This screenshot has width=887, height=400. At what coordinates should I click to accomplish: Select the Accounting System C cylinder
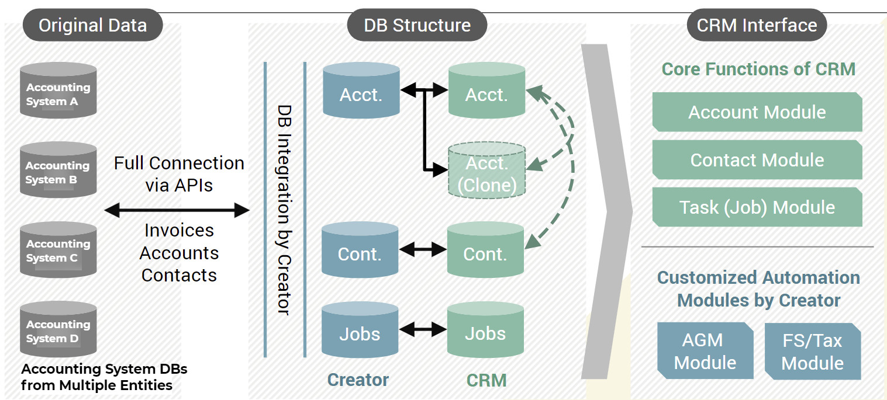pyautogui.click(x=58, y=250)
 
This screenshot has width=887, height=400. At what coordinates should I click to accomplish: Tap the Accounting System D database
pyautogui.click(x=58, y=330)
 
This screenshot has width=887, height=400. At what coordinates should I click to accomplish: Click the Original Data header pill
pyautogui.click(x=92, y=25)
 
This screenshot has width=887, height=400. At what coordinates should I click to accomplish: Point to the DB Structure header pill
pyautogui.click(x=417, y=25)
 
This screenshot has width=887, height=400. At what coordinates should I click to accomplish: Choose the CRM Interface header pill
pyautogui.click(x=757, y=25)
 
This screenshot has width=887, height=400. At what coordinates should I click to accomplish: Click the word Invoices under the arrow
pyautogui.click(x=179, y=231)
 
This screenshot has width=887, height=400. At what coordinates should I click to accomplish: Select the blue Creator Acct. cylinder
pyautogui.click(x=361, y=92)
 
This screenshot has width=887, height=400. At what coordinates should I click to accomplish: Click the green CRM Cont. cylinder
pyautogui.click(x=485, y=251)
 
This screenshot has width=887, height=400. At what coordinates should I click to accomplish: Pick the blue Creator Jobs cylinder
pyautogui.click(x=360, y=331)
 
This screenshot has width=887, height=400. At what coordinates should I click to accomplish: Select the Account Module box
pyautogui.click(x=757, y=112)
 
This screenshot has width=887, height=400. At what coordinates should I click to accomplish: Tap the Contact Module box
pyautogui.click(x=757, y=160)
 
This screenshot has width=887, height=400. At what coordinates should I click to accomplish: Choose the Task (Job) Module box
pyautogui.click(x=757, y=207)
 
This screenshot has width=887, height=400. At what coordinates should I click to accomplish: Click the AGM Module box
pyautogui.click(x=705, y=351)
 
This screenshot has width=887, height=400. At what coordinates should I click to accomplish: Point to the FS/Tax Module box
pyautogui.click(x=812, y=352)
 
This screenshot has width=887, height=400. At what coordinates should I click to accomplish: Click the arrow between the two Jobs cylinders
pyautogui.click(x=423, y=330)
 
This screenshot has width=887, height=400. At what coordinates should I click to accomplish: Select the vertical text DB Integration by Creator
pyautogui.click(x=284, y=210)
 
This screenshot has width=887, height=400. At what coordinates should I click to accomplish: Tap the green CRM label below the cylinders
pyautogui.click(x=486, y=380)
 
